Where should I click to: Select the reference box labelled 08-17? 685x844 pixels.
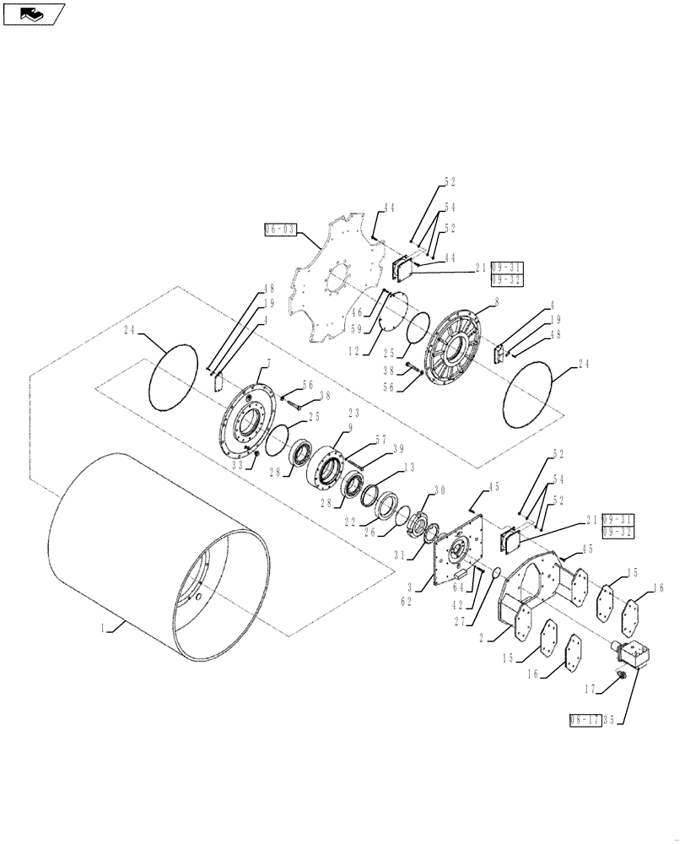(585, 719)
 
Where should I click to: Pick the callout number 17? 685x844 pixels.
(591, 690)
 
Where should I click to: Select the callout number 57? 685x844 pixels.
(380, 440)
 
